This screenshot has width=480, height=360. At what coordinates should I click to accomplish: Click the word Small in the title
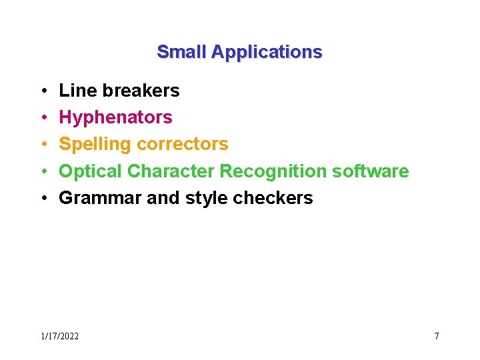[181, 52]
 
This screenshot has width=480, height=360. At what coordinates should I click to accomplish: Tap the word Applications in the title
[267, 53]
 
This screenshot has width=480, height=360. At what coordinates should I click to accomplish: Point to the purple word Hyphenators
[115, 118]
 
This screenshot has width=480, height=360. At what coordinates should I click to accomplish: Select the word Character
[171, 171]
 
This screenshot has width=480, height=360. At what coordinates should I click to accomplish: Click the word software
[370, 171]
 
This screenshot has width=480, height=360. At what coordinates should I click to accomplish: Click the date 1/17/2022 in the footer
[59, 337]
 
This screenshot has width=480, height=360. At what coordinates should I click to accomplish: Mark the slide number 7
[437, 336]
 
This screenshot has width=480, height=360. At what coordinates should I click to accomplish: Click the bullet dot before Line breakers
[43, 91]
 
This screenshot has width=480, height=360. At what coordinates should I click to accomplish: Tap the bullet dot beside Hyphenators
[43, 118]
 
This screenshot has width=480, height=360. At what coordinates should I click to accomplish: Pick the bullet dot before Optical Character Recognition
[43, 172]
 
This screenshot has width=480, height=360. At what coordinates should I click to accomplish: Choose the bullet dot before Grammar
[43, 199]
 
